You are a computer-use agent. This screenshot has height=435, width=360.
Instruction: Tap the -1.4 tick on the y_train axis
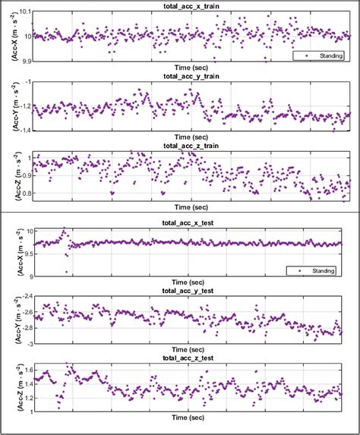[x=24, y=131]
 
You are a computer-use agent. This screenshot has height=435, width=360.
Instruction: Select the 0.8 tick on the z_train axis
[x=26, y=194]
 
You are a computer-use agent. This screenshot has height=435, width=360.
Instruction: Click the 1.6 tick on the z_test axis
[x=27, y=370]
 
